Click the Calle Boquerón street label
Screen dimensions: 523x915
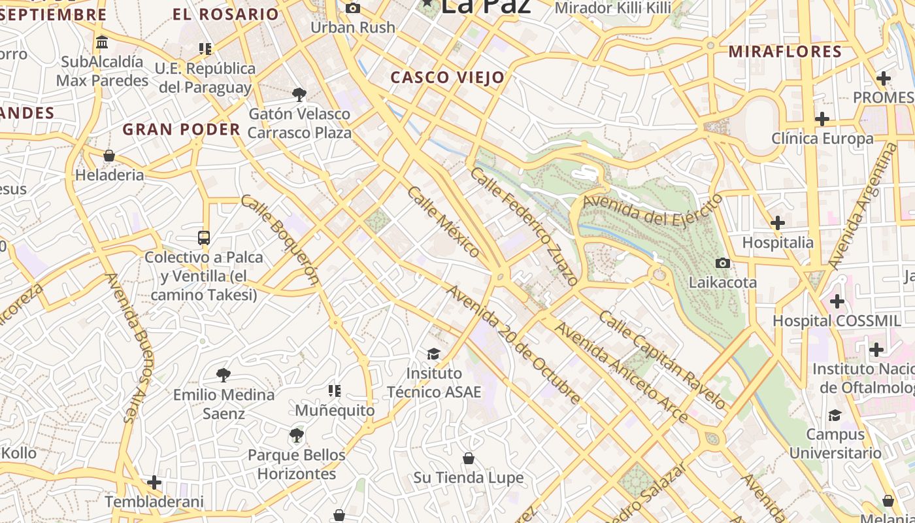(x=279, y=240)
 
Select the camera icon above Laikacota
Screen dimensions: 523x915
(x=722, y=263)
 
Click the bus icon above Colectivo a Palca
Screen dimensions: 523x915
(x=204, y=238)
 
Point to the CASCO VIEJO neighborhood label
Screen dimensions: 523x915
(x=448, y=78)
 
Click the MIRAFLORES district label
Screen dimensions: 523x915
(x=785, y=52)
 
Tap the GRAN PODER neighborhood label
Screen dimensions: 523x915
(x=182, y=129)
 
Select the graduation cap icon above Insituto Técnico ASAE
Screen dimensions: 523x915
(x=433, y=354)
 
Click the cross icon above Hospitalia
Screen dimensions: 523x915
(x=777, y=223)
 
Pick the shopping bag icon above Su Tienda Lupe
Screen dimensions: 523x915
(x=468, y=458)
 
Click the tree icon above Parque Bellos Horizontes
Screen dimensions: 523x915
(x=297, y=435)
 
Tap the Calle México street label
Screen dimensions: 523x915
(x=444, y=221)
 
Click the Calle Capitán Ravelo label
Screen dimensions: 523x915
(x=662, y=360)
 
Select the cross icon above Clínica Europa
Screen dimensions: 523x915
(x=822, y=119)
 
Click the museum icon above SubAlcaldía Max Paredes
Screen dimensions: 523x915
(x=102, y=42)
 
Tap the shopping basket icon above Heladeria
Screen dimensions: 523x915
(x=109, y=156)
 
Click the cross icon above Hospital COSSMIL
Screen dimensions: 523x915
(x=837, y=301)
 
